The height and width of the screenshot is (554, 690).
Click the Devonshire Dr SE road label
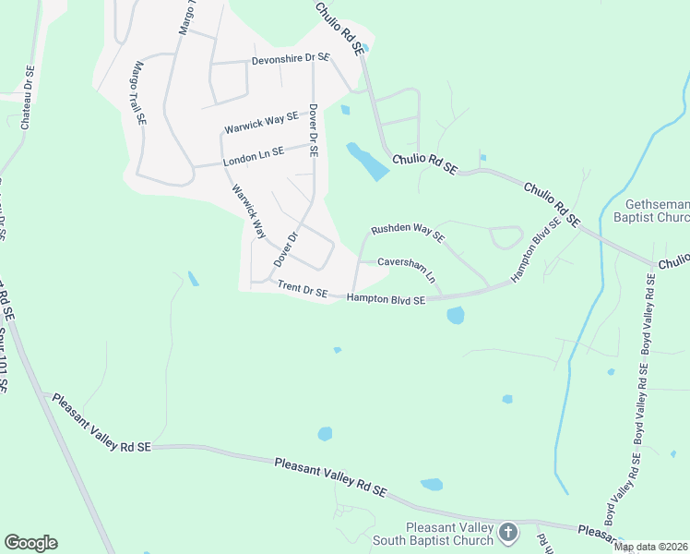tap(290, 58)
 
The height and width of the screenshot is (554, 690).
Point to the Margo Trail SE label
tap(138, 92)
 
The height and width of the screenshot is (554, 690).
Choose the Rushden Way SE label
tap(408, 232)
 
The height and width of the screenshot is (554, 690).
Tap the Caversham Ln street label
tap(406, 268)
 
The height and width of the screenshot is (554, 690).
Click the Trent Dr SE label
tap(302, 291)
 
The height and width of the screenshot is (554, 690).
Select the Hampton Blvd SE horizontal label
tap(386, 299)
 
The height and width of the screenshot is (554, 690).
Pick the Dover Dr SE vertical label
tap(313, 129)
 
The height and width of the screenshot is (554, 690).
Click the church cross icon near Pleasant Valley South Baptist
tap(508, 532)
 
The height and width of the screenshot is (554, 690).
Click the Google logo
tap(30, 543)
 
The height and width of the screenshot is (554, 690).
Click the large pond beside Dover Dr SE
tap(367, 162)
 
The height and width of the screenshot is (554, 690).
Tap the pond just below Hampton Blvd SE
tap(455, 316)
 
